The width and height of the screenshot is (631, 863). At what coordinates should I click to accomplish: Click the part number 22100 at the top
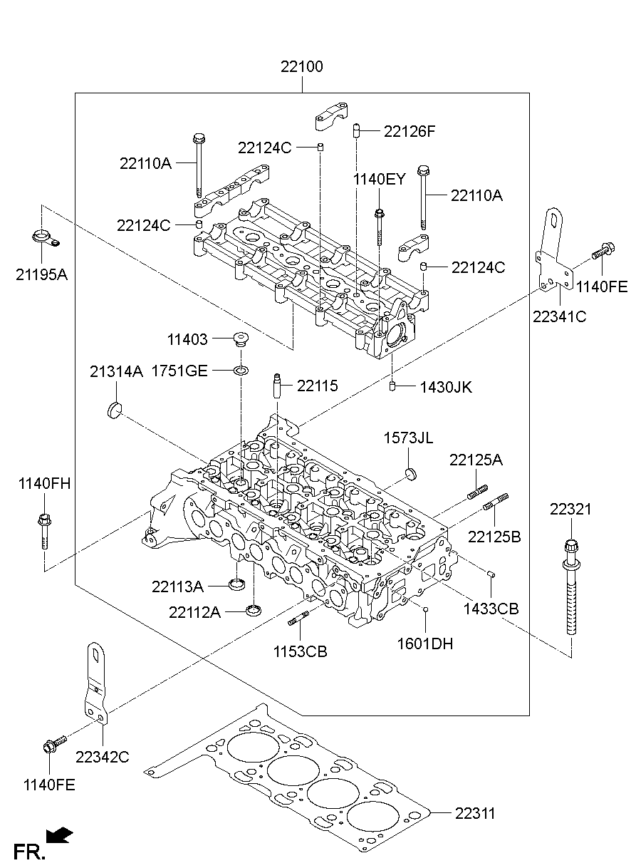coord(301,68)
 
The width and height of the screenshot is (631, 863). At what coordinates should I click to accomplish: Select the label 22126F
coord(409,131)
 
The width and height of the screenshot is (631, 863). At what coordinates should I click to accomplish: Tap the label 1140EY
coord(380,179)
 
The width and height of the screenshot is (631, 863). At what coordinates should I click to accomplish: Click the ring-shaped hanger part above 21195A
coord(44,238)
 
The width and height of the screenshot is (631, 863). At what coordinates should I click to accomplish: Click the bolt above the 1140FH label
coord(43,530)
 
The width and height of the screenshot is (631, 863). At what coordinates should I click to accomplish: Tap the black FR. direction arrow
coord(61,834)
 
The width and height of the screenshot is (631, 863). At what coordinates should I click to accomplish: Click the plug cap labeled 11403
coord(242,339)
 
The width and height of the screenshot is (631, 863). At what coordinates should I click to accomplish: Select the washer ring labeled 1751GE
coord(242,371)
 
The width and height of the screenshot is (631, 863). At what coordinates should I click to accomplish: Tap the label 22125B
coord(494,536)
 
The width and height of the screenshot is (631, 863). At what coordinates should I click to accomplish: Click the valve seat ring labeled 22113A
coord(238,586)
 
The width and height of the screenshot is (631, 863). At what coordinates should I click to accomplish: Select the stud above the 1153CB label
coord(298,619)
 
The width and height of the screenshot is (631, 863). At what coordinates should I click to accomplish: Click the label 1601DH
coord(425,644)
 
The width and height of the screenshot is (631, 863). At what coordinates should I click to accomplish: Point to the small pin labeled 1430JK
coord(392,387)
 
